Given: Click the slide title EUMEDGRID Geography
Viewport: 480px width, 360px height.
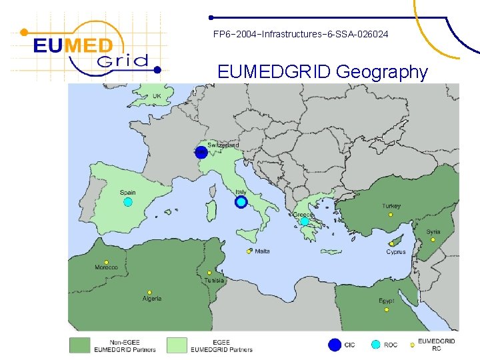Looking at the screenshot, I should click(323, 71).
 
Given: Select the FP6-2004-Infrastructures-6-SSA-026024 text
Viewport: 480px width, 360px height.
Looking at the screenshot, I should click(300, 33).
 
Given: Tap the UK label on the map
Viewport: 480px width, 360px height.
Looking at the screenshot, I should click(157, 96).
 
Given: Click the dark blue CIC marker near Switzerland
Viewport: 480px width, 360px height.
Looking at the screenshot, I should click(201, 152).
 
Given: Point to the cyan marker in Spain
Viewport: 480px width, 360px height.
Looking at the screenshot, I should click(128, 202).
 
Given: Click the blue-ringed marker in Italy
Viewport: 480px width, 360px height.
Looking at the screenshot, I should click(241, 202).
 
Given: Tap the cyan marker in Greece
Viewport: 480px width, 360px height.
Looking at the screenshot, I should click(305, 221).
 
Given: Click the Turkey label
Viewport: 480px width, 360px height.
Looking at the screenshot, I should click(391, 207).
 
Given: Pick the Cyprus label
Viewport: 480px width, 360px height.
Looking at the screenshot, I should click(396, 252).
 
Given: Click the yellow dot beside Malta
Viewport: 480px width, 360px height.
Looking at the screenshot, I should click(249, 251).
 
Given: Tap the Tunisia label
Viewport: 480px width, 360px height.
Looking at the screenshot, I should click(214, 281).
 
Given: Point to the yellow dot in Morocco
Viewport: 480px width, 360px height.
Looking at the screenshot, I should click(107, 262).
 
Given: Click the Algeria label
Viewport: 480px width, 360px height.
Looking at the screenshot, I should click(152, 299).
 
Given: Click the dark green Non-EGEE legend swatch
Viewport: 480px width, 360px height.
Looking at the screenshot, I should click(80, 345).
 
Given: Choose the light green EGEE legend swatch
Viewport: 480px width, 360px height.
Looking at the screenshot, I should click(177, 345).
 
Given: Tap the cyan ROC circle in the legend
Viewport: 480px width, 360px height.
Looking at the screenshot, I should click(376, 345).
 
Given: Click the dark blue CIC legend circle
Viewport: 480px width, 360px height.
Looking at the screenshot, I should click(335, 345).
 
